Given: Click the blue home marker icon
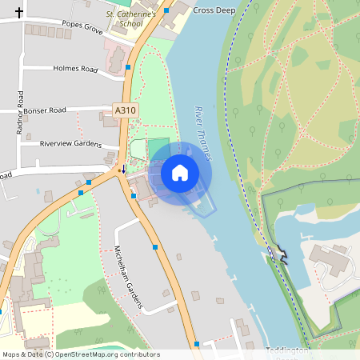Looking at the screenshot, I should (x=179, y=172).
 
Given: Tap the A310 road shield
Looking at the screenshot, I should (x=124, y=110).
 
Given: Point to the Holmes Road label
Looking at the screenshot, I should (x=74, y=69).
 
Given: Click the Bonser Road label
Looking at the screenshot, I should (x=45, y=110).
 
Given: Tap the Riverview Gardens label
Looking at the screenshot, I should (x=70, y=144).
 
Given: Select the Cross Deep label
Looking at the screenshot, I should (x=214, y=10).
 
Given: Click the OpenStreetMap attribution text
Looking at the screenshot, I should (x=80, y=354).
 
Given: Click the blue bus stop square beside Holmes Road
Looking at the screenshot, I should (x=128, y=69).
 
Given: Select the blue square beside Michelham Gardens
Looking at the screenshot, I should (x=155, y=247).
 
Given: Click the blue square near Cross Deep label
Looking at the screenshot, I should (x=166, y=11).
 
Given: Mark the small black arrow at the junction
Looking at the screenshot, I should (x=122, y=170).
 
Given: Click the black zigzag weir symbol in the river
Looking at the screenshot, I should (x=281, y=254).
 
